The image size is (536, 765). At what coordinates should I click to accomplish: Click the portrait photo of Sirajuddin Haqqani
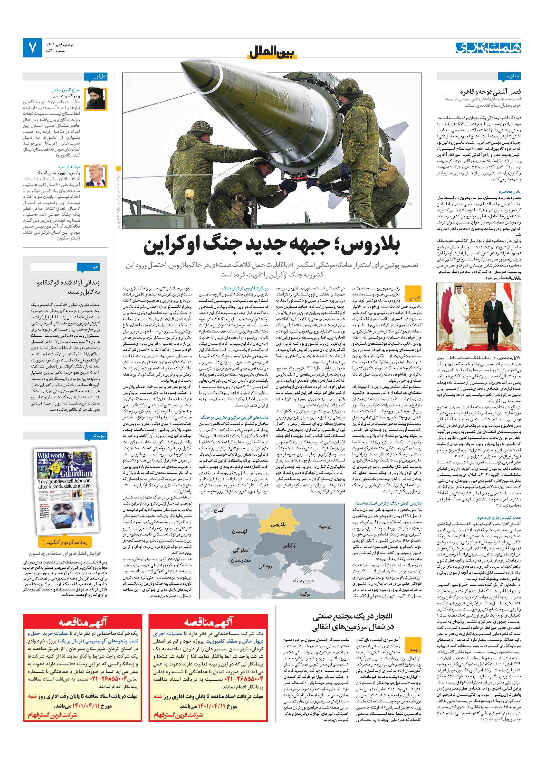96,99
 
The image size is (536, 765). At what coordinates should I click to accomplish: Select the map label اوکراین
289,545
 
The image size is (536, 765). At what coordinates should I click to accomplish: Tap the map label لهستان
239,531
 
